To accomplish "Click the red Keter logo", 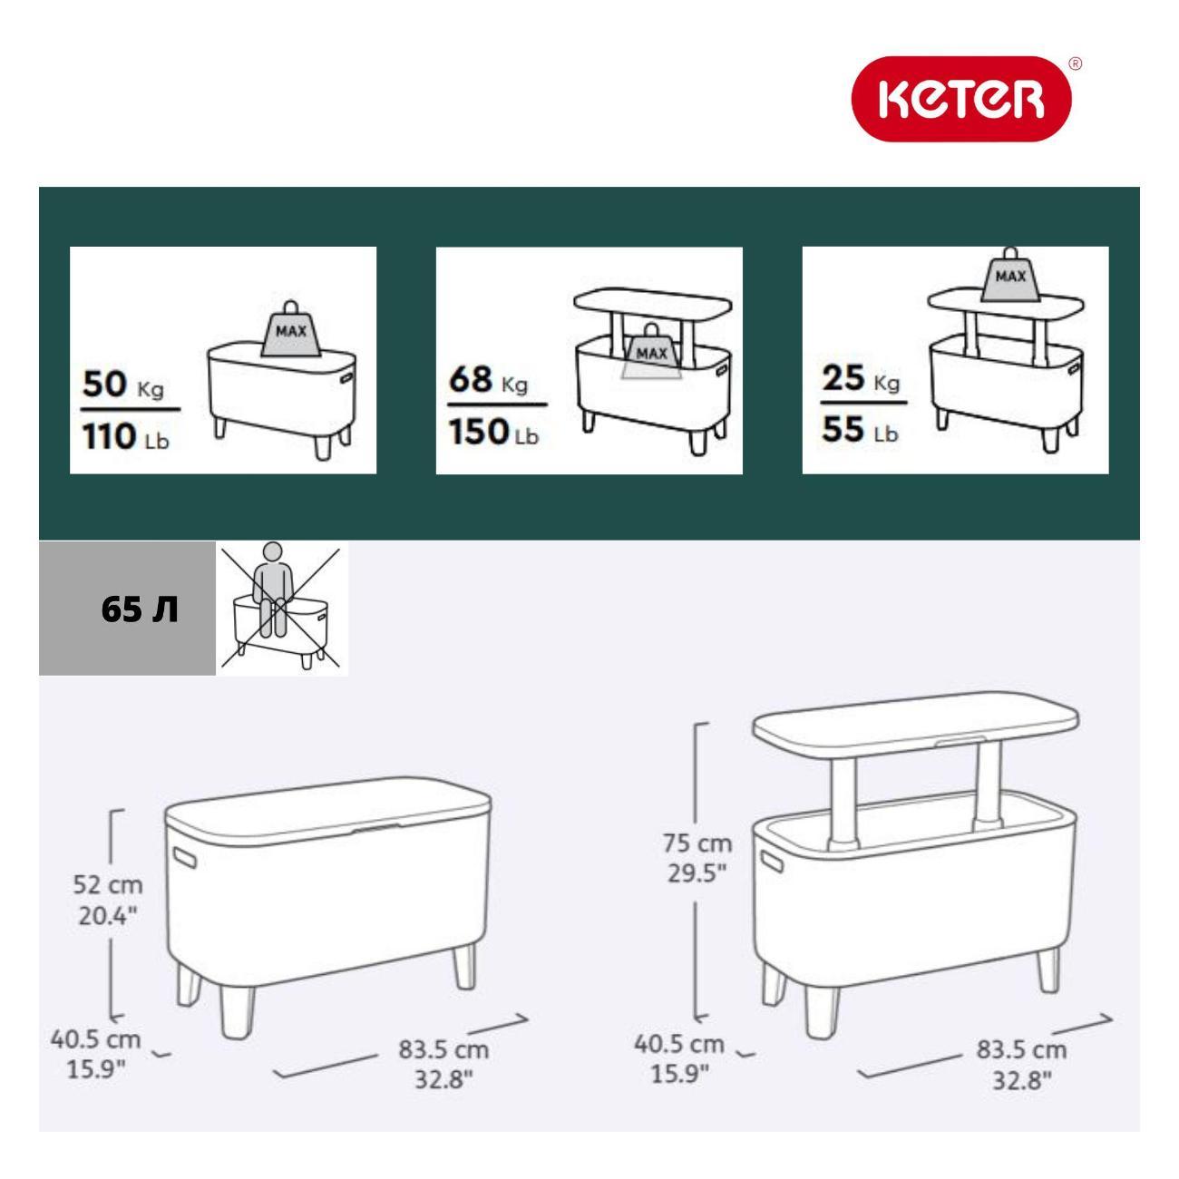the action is pos(961,99).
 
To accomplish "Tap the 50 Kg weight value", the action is pos(123,385).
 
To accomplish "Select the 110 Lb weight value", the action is pos(125,437).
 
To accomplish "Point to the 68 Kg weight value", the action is pos(488,380).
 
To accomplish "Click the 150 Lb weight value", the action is pos(493,432).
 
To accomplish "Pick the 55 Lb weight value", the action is pos(860,429).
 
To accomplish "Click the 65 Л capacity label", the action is pos(140,610).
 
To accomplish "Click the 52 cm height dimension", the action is pos(108,885).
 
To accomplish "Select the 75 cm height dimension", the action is pos(697,843).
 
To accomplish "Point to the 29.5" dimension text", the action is pos(697,873).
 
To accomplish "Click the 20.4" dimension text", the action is pos(108,915).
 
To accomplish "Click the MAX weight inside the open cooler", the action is pos(651,352).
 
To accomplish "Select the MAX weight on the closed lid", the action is pos(291,328).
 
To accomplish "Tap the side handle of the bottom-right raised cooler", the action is pos(772,861).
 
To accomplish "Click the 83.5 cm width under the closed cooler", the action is pos(444,1050).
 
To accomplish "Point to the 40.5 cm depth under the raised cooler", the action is pos(679,1044).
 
